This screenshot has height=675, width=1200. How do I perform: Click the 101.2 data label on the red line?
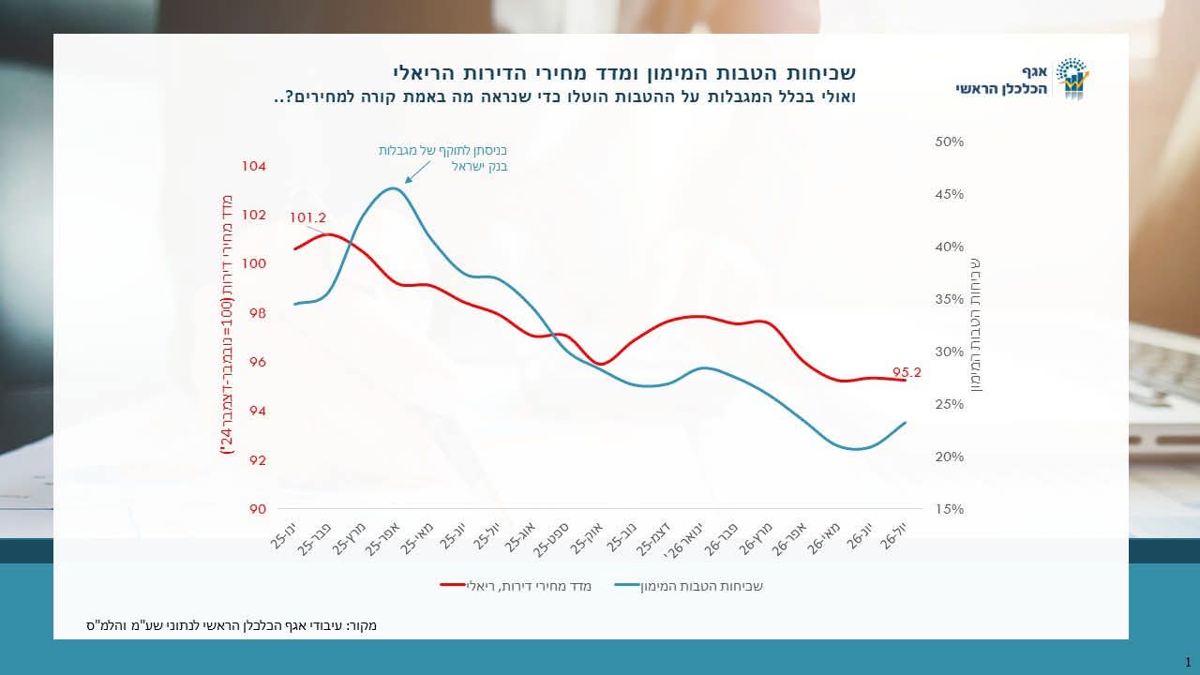307,218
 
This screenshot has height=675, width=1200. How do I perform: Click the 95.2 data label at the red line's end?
907,372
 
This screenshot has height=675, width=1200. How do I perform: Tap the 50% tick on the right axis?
950,142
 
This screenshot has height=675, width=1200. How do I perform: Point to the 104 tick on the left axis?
253,166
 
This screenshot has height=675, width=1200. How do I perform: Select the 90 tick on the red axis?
257,509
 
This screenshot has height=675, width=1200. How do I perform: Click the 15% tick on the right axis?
950,509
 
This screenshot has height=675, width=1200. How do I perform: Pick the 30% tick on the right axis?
950,352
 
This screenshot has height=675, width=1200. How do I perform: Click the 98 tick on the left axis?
257,313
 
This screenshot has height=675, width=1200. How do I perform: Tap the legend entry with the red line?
516,586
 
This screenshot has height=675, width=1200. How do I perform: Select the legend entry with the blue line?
688,586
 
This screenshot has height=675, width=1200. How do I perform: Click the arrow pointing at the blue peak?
417,172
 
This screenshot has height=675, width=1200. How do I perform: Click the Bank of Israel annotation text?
442,158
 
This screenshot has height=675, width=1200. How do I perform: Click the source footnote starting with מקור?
232,625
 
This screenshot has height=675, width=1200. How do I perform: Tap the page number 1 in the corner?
1188,662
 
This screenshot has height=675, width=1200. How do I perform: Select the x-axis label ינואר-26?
683,541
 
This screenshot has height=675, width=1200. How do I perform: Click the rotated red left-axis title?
227,324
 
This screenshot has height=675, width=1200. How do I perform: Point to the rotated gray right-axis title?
976,325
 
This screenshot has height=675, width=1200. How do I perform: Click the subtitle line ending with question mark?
564,97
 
